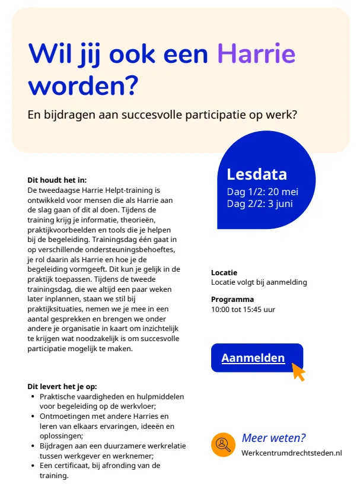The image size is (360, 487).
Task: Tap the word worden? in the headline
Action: (x=83, y=85)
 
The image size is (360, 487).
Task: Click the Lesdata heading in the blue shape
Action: (x=257, y=174)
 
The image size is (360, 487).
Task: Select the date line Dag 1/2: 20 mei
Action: (x=262, y=192)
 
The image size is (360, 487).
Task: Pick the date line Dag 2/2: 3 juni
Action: (x=260, y=203)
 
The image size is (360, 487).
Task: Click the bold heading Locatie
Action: (x=224, y=272)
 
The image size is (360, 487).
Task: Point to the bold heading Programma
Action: (x=232, y=299)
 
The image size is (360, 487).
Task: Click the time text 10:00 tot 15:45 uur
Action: (x=243, y=309)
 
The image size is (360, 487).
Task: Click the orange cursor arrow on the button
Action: (x=298, y=372)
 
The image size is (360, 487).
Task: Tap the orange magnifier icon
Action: (x=223, y=445)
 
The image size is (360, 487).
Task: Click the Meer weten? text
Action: (x=273, y=438)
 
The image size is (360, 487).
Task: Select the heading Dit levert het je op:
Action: (x=62, y=387)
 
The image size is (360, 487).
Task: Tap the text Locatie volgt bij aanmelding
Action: (x=259, y=282)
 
